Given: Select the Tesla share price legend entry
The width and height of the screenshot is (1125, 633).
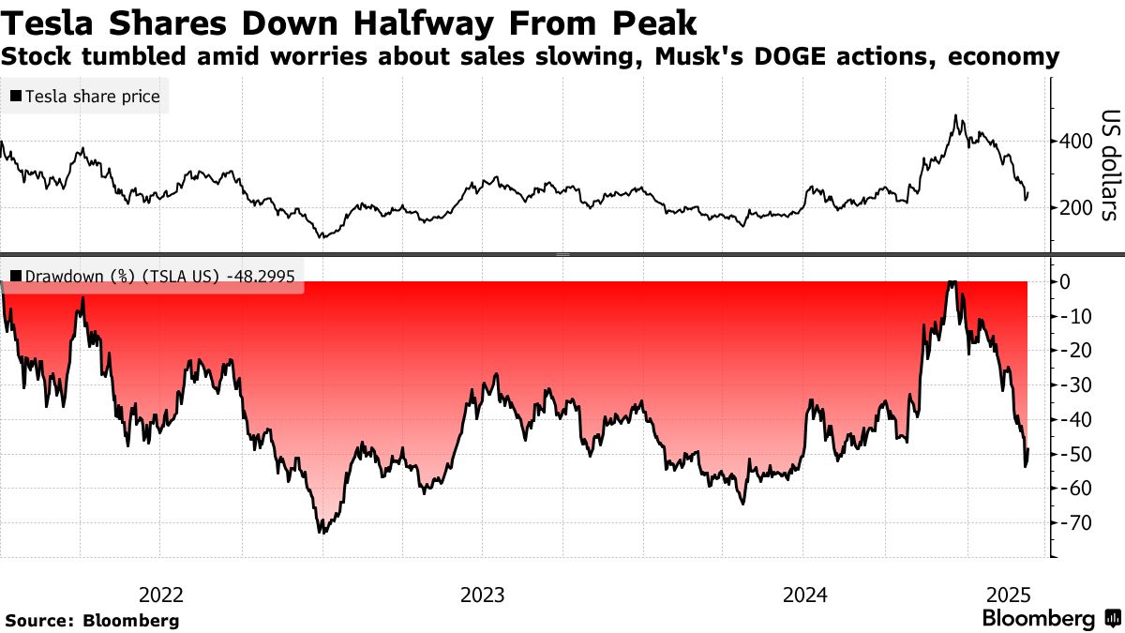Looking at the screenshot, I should tap(85, 97).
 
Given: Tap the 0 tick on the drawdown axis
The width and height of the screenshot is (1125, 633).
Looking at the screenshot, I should tap(1066, 281).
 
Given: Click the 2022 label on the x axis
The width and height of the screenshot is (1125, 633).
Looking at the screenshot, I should tap(161, 595).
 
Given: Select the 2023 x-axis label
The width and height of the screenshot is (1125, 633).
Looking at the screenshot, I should tap(483, 595).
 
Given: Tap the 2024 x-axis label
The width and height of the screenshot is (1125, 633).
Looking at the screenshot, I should tap(805, 595).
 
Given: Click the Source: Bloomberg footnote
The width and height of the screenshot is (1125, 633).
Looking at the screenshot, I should tap(92, 620).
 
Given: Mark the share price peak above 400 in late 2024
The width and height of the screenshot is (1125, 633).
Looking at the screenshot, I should tap(955, 116).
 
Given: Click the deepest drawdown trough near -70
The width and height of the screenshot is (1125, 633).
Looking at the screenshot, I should tap(322, 532).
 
